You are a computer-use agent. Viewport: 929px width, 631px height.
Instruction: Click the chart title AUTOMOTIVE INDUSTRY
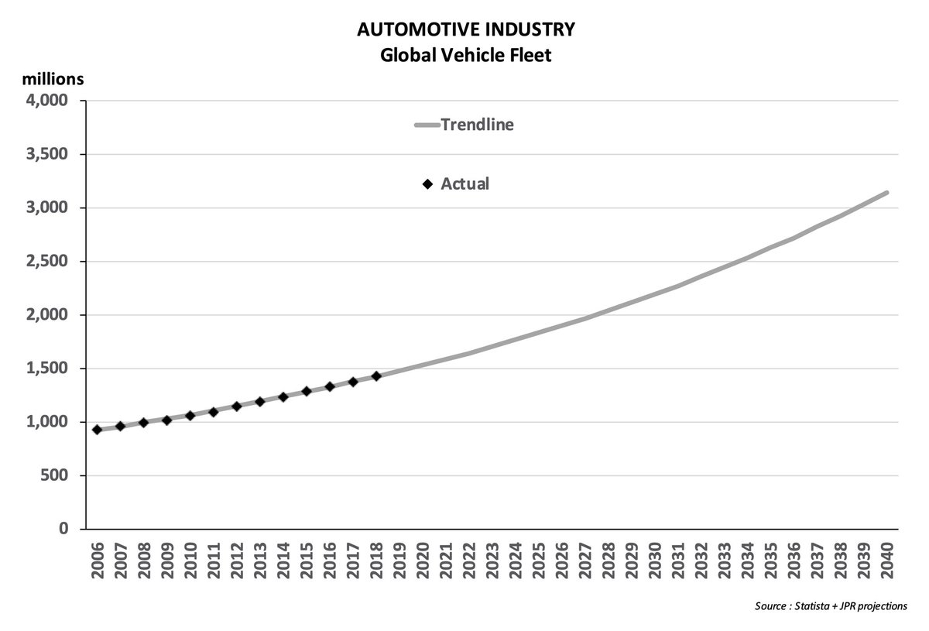(x=465, y=30)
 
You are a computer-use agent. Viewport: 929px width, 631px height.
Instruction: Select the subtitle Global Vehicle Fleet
(x=465, y=57)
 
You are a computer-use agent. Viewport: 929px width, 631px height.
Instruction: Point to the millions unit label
(x=53, y=79)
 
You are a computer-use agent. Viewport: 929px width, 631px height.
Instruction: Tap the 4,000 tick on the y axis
(x=47, y=101)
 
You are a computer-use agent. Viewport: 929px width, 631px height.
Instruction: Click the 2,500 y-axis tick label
(x=47, y=262)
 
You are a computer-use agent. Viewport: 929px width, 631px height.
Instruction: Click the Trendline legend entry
(x=476, y=125)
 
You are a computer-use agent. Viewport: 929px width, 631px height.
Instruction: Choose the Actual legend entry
(x=464, y=184)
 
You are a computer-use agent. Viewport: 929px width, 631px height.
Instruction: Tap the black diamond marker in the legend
(x=427, y=184)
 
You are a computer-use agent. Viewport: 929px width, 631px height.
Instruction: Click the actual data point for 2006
(x=97, y=430)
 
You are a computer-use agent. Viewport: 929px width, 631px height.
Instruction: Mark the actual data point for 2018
(x=376, y=376)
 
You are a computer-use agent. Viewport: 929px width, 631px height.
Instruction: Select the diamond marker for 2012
(x=236, y=406)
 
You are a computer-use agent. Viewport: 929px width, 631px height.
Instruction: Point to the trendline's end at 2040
(x=886, y=193)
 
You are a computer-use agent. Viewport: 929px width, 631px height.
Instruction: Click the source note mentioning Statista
(x=831, y=606)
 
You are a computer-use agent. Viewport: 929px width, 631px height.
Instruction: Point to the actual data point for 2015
(x=306, y=391)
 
